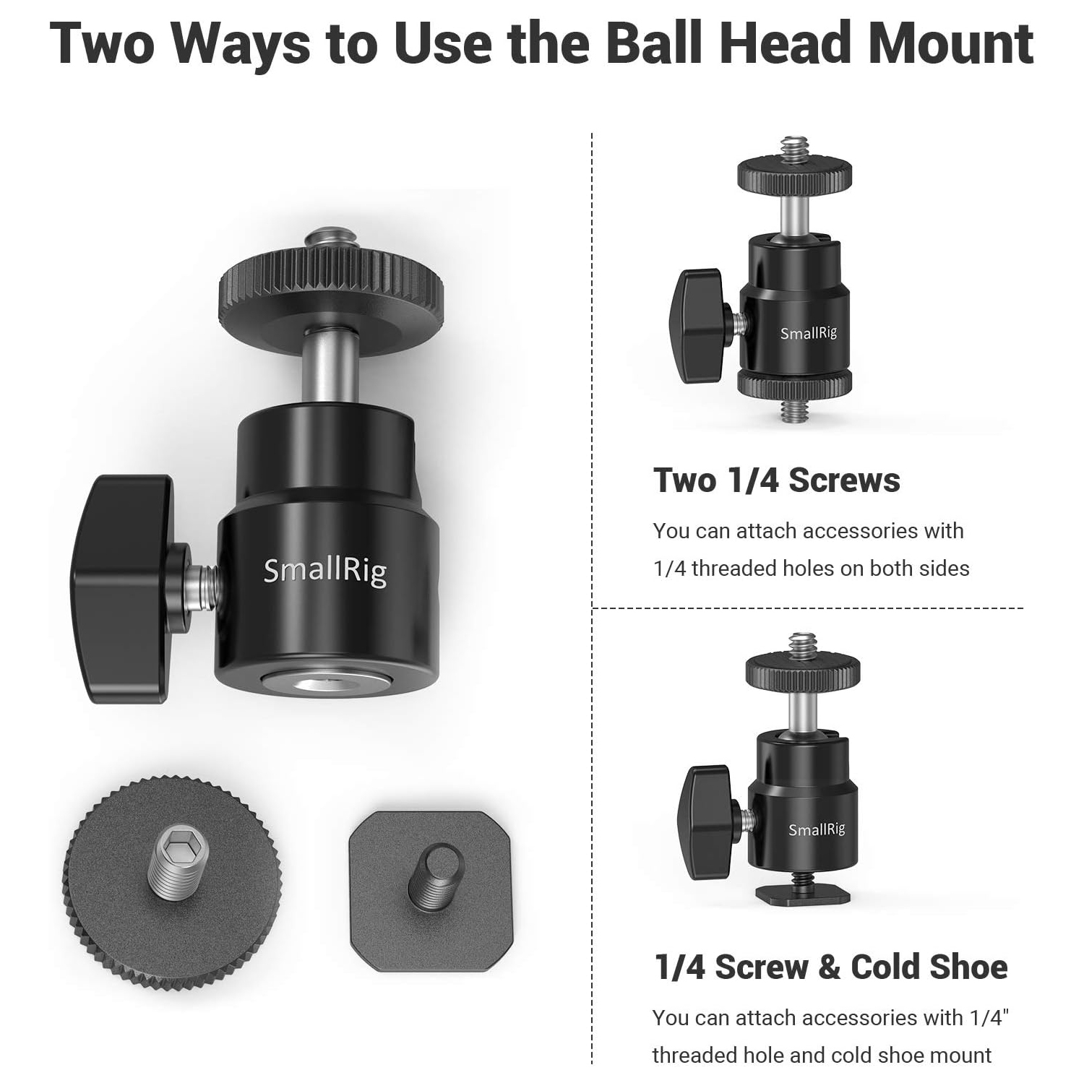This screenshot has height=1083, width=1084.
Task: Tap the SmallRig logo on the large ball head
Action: [x=325, y=571]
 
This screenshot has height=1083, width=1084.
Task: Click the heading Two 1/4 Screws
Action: [x=777, y=480]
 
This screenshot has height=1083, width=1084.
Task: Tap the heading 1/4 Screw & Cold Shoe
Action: [x=831, y=967]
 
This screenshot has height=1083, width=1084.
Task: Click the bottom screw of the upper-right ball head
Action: [x=794, y=410]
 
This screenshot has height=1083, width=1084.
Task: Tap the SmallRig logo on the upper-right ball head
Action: [x=809, y=333]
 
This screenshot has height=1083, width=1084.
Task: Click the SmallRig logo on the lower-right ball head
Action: [x=817, y=829]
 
